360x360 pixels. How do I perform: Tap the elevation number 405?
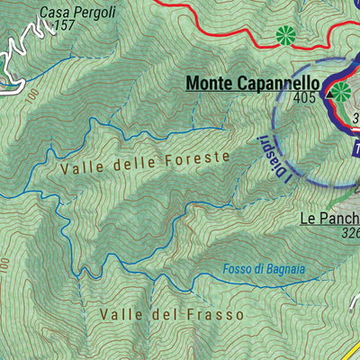[303, 97]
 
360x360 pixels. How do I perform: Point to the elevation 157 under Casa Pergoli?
[64, 26]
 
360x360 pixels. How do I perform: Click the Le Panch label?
[329, 219]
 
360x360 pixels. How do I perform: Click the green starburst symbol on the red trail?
[286, 36]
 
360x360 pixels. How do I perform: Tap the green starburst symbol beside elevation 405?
[341, 91]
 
